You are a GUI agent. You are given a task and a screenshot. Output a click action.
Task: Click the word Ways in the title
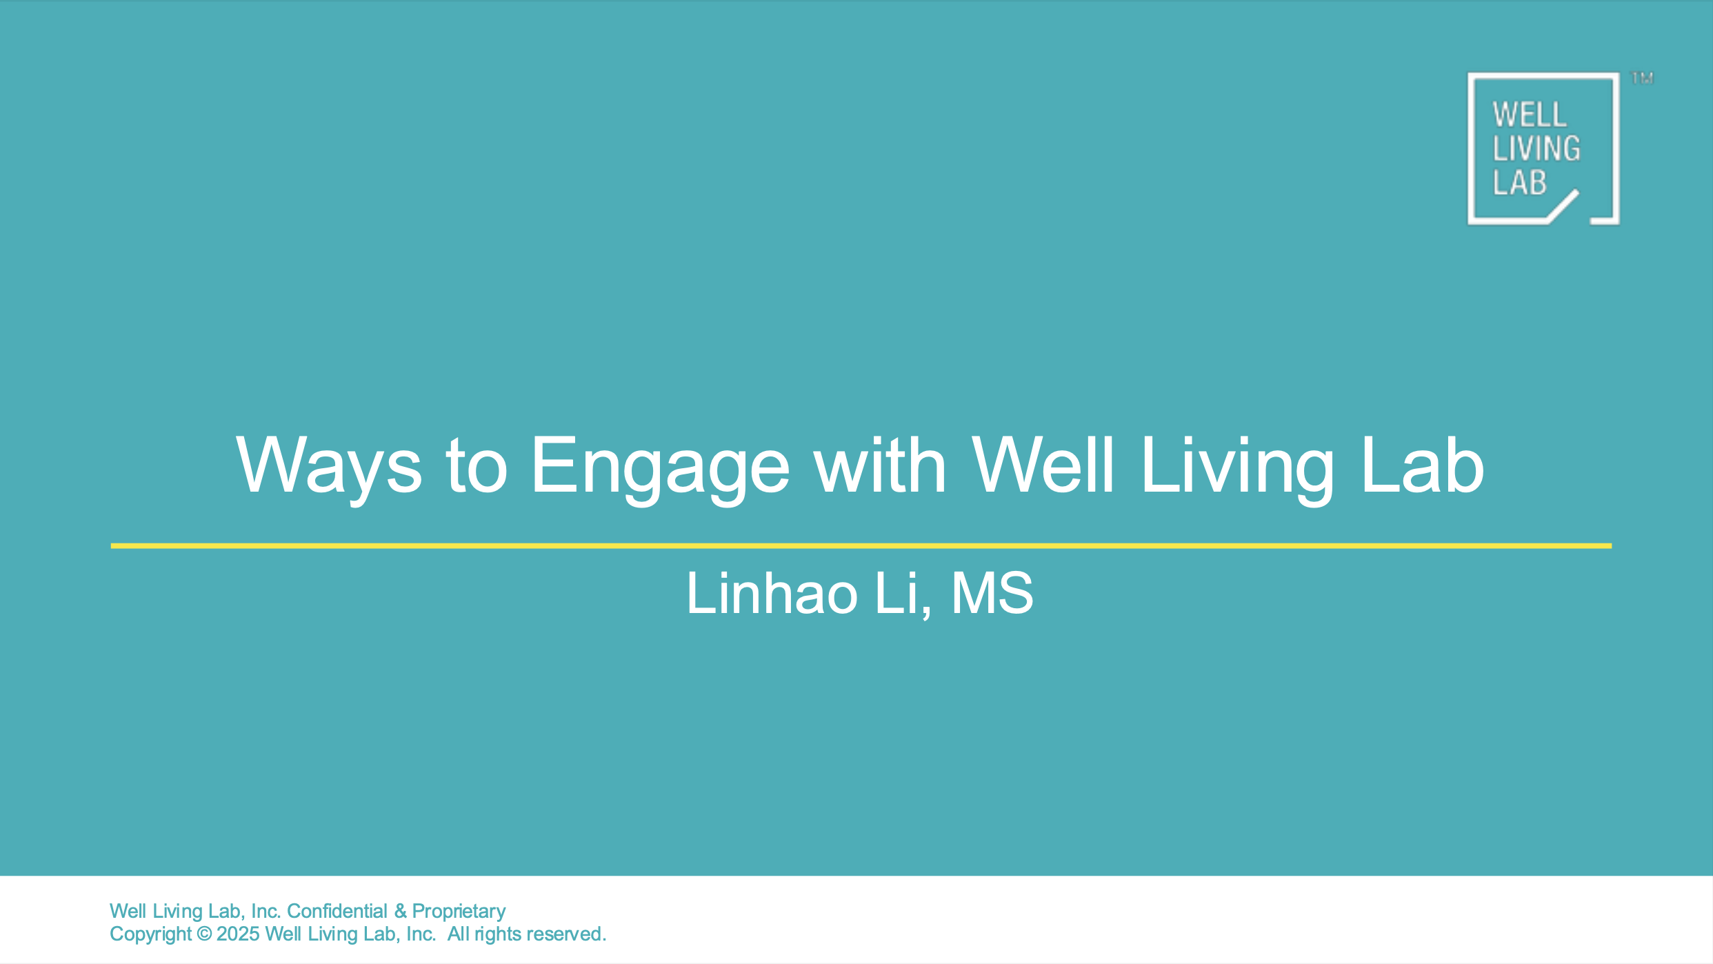pos(328,466)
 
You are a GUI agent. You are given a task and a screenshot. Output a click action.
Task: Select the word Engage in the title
pos(660,466)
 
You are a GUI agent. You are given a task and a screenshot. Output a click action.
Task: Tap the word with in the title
pos(880,466)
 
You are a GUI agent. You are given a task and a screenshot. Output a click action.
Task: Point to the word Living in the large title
pos(1237,466)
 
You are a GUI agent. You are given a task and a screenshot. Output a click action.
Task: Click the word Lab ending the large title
pos(1422,466)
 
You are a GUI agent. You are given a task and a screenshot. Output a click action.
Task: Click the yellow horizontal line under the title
pos(861,546)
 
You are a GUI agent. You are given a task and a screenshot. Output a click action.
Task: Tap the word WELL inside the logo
pos(1530,115)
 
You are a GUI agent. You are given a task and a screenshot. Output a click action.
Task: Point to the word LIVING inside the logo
pos(1536,149)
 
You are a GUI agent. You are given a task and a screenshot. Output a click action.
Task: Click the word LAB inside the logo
pos(1520,183)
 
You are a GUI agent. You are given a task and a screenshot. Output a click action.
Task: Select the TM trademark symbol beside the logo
pos(1642,79)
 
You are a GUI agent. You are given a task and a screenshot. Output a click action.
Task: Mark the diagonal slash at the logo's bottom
pos(1563,206)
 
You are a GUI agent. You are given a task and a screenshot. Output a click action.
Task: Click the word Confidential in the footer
pos(337,911)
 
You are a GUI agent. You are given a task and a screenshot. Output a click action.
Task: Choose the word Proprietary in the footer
pos(459,911)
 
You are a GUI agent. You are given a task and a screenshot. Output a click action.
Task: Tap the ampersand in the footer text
pos(400,911)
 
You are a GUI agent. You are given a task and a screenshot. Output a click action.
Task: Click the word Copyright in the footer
pos(150,934)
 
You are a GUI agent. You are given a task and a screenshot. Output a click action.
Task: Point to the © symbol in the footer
pos(204,934)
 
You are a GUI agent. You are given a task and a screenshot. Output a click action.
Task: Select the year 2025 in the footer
pos(238,934)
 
